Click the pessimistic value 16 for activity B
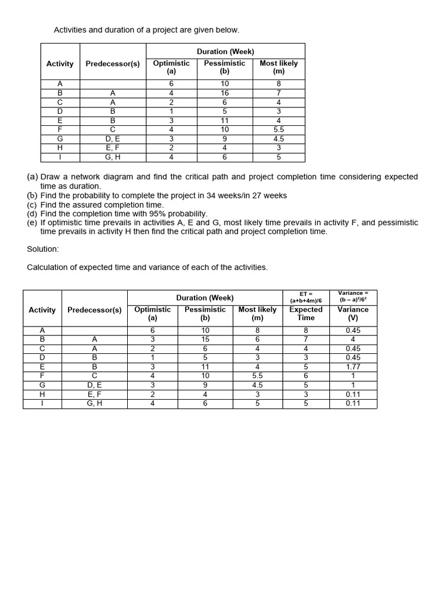coord(225,93)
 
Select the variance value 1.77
coord(353,367)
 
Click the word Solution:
coord(43,249)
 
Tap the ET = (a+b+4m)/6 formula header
coord(305,297)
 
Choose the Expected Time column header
coord(305,313)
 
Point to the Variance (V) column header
coord(353,313)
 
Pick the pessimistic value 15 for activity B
coord(206,339)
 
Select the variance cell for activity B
coord(353,339)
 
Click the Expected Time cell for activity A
coord(305,331)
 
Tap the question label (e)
coord(33,223)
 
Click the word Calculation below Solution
coord(48,267)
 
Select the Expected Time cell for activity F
coord(305,376)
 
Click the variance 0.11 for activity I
coord(353,403)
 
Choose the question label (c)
coord(33,205)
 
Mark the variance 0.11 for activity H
coord(353,394)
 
